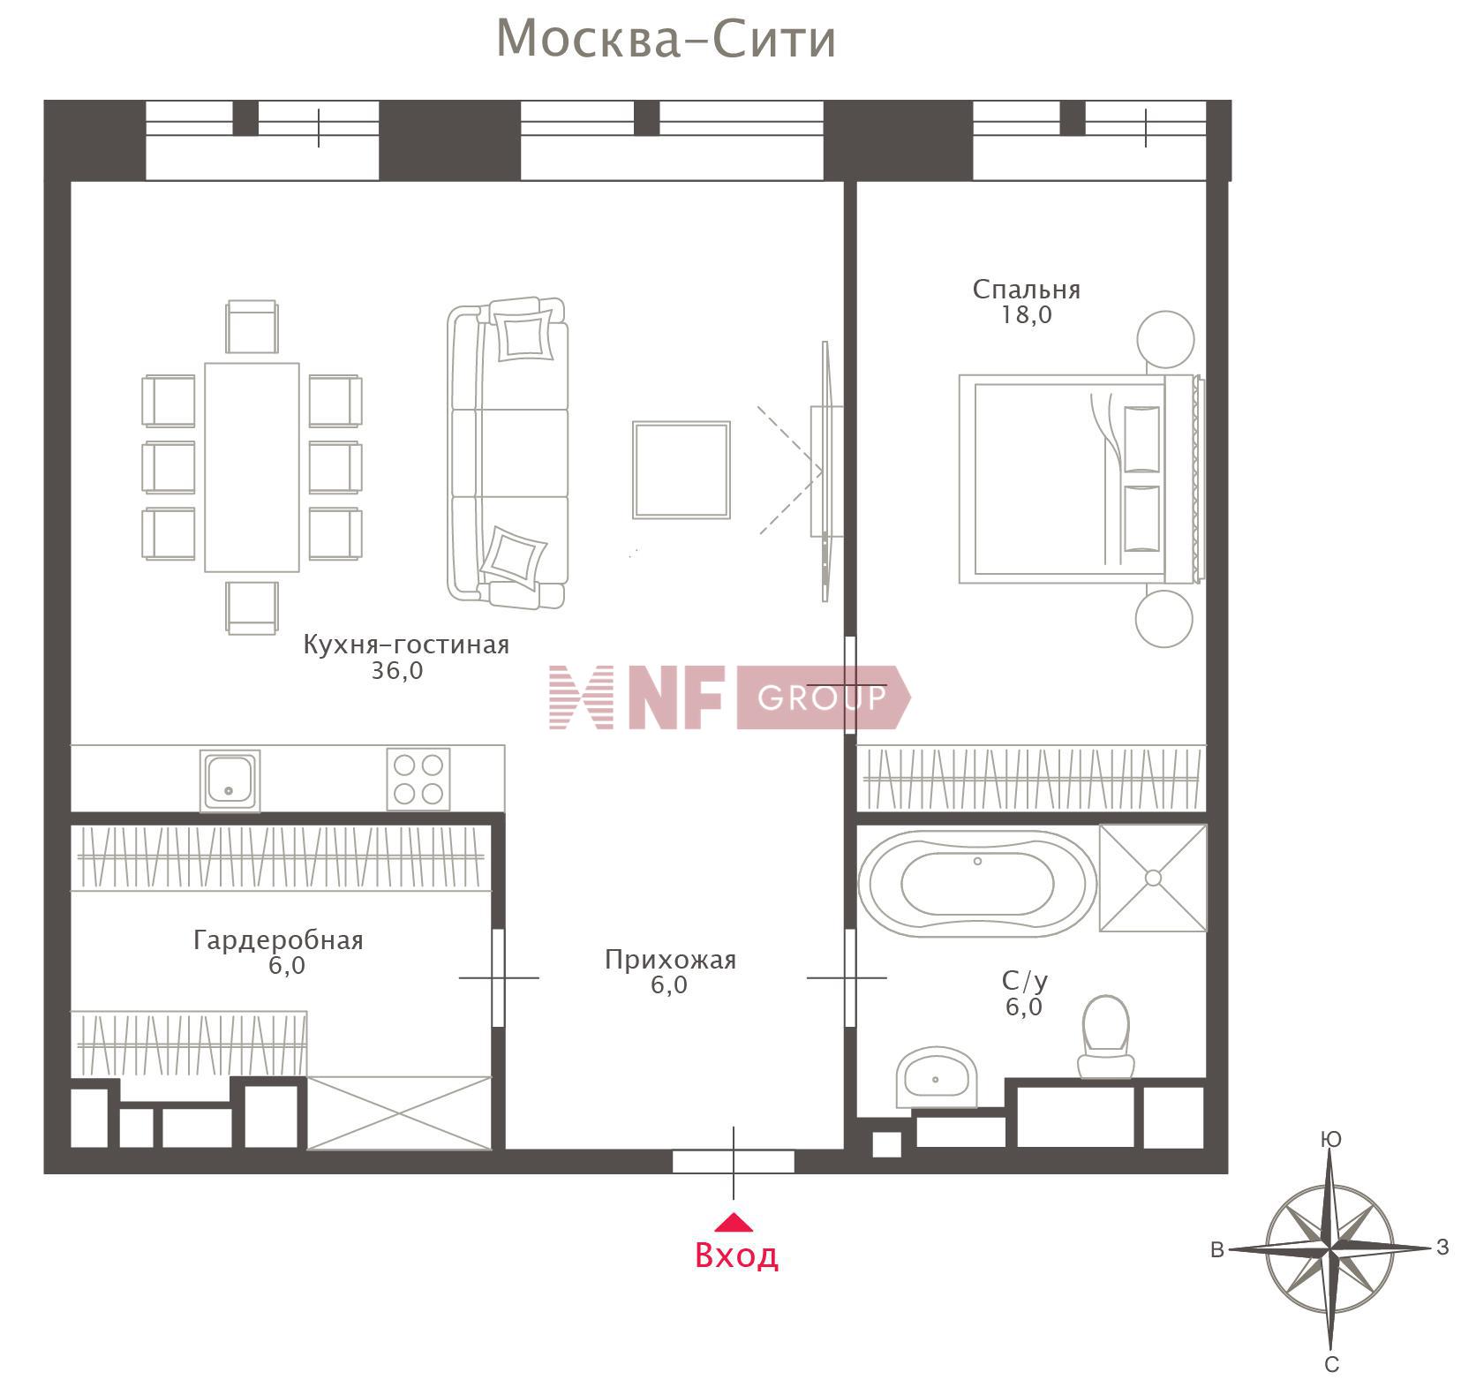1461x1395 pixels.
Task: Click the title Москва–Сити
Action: coord(666,40)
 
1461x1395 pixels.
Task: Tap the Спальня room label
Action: coord(1026,290)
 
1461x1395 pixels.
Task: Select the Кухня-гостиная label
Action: coord(406,645)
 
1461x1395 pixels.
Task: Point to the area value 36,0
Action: coord(397,671)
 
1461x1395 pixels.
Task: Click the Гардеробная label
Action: coord(278,939)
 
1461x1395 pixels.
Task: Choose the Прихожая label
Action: coord(670,960)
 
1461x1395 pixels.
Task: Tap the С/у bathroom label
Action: coord(1025,981)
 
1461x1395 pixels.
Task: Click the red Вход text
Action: coord(736,1255)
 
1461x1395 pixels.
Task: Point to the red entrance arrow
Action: coord(734,1222)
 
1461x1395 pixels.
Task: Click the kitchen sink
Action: coord(230,779)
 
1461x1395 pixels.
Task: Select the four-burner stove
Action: coord(418,779)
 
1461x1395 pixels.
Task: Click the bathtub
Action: coord(977,883)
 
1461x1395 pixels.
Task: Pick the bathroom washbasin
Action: coord(936,1077)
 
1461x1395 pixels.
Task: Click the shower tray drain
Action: coord(1153,878)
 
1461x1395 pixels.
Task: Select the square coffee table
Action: coord(681,470)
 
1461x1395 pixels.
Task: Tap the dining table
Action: coord(252,467)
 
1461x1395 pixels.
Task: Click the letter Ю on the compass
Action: coord(1330,1140)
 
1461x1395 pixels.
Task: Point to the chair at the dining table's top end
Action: coord(252,327)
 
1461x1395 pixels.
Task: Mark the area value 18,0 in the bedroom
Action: coord(1026,315)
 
